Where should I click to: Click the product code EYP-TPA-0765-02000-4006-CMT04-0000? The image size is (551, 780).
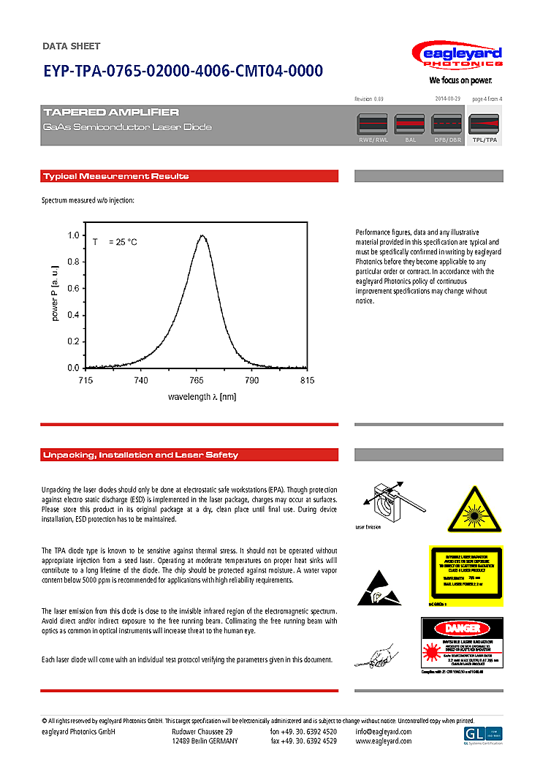(x=182, y=71)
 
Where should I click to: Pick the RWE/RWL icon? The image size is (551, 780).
(x=373, y=127)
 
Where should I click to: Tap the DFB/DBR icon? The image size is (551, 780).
(x=448, y=127)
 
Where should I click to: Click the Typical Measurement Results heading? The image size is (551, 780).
(x=115, y=176)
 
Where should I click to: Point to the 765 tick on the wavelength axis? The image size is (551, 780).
(x=197, y=381)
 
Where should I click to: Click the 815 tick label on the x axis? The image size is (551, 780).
(x=307, y=381)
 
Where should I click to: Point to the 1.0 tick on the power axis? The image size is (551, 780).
(x=74, y=235)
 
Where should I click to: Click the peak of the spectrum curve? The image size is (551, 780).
(x=202, y=235)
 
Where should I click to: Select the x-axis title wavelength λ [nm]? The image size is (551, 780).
(x=202, y=397)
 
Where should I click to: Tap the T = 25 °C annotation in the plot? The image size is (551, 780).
(x=115, y=242)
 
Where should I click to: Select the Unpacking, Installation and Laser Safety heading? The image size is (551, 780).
(x=140, y=455)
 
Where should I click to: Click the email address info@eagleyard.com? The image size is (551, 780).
(x=384, y=732)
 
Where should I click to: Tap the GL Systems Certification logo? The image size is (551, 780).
(x=483, y=735)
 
